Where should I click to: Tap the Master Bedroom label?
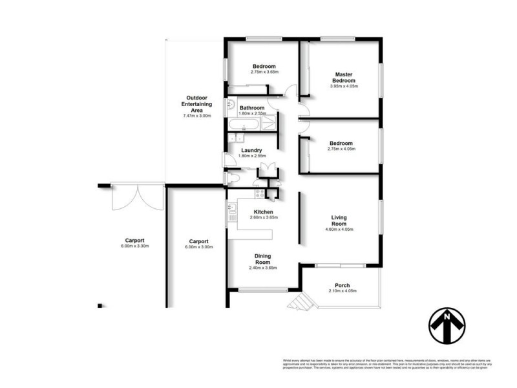343,77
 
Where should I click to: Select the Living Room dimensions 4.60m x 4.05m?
339,230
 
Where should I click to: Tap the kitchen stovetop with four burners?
260,193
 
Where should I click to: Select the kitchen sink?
230,208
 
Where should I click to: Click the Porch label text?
342,285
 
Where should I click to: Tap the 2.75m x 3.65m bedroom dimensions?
264,72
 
